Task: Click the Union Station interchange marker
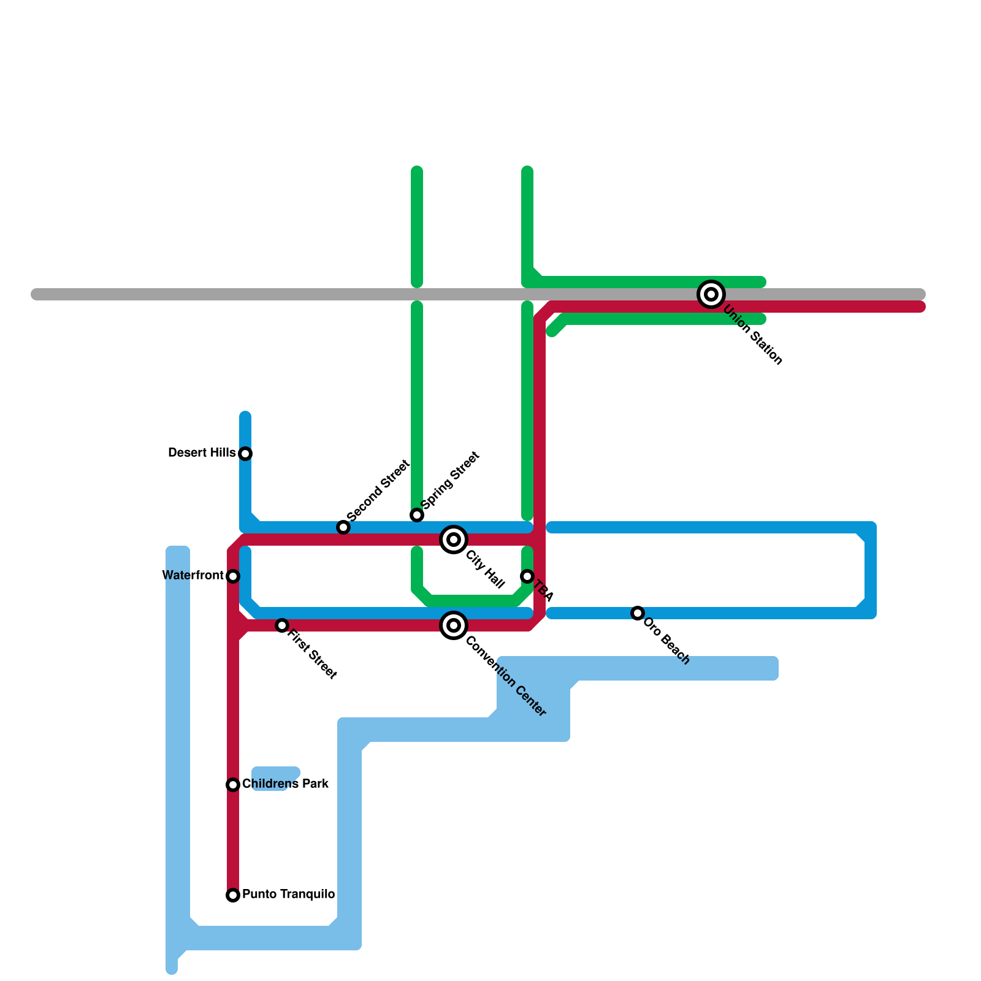[711, 294]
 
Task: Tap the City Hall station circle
[454, 540]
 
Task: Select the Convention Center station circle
[454, 625]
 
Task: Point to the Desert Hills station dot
[245, 454]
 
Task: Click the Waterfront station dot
[233, 576]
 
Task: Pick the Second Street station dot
[343, 527]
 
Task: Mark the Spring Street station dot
[417, 515]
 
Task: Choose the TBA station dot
[527, 576]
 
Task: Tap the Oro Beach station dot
[638, 613]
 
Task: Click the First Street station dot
[282, 625]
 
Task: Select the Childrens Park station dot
[233, 785]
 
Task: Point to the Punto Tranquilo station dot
[233, 895]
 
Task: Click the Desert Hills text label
[202, 453]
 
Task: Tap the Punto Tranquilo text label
[288, 895]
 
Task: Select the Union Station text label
[752, 335]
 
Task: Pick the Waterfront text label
[193, 576]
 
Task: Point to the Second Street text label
[378, 490]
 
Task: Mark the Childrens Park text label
[285, 784]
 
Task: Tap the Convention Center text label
[506, 677]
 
